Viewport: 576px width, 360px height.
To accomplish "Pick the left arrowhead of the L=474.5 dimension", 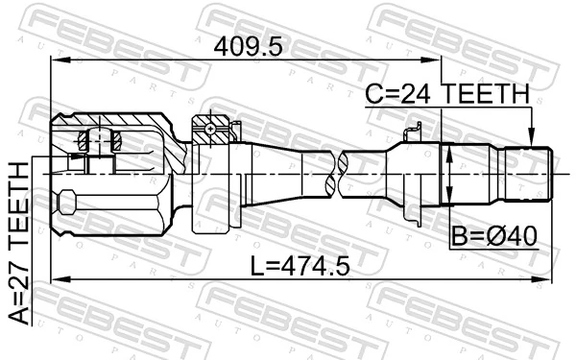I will [x=56, y=279].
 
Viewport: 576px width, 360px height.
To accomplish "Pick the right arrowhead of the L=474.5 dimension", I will [x=549, y=279].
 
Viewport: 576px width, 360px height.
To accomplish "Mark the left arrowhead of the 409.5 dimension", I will [x=56, y=63].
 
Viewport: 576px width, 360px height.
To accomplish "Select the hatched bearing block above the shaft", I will [x=212, y=128].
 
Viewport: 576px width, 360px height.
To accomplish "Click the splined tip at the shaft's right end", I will [x=538, y=173].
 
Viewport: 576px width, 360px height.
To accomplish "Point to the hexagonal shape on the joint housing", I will [x=65, y=204].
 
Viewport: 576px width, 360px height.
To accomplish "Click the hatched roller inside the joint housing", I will [x=100, y=140].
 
